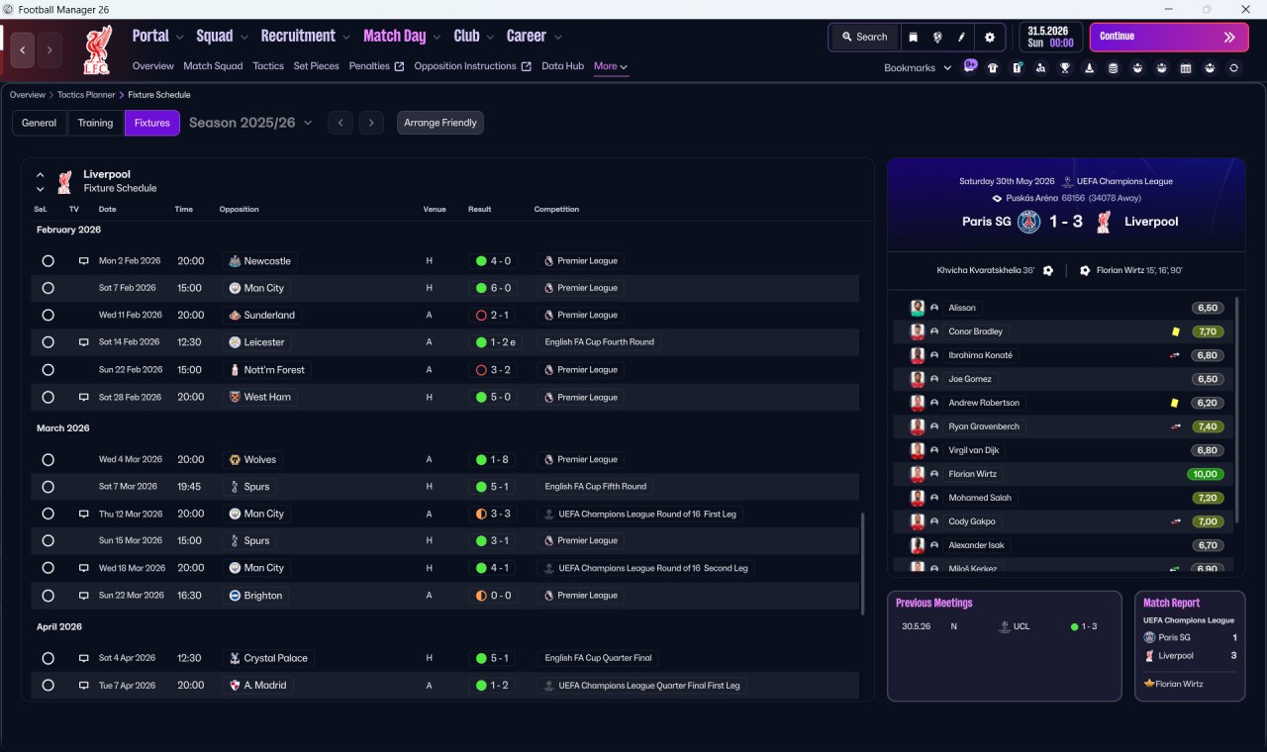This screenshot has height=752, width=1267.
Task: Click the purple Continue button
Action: tap(1169, 37)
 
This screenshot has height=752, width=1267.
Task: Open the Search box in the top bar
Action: tap(864, 37)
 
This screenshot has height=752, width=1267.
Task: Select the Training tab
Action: tap(95, 123)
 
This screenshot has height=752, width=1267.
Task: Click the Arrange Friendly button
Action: tap(440, 123)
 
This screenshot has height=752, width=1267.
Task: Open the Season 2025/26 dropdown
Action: tap(250, 123)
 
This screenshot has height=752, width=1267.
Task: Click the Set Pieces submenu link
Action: tap(316, 66)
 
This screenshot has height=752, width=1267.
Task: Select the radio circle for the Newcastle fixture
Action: tap(49, 260)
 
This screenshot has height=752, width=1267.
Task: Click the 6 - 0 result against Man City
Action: tap(493, 288)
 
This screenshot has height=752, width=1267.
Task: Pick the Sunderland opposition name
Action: tap(268, 315)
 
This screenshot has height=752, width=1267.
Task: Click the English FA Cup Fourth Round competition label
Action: tap(599, 342)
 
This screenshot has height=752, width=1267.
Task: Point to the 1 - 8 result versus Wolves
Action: tap(492, 460)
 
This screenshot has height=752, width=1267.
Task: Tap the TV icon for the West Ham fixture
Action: tap(84, 397)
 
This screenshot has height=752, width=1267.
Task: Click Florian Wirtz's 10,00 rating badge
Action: tap(1205, 474)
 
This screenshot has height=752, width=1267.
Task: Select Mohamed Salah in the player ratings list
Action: tap(979, 498)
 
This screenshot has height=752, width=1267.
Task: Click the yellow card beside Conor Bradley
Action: tap(1176, 331)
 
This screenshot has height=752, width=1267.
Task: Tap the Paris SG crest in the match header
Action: tap(1028, 221)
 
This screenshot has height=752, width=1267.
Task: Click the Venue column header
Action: tap(435, 209)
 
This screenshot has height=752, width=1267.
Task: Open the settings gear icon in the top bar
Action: tap(989, 38)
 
